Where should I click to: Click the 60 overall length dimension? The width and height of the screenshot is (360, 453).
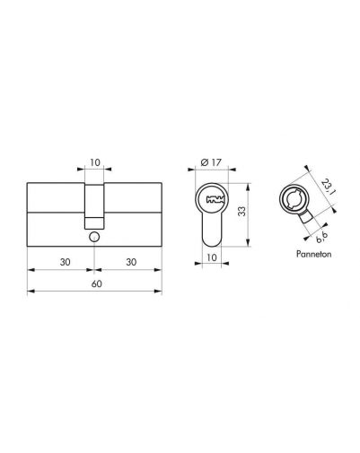[x=96, y=283]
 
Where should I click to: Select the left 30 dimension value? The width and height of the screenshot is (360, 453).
[x=65, y=262]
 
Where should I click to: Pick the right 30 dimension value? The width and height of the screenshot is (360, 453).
[x=131, y=262]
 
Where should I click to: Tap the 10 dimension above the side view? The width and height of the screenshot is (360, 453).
[x=95, y=162]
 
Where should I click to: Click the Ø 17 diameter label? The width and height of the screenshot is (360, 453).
[x=211, y=162]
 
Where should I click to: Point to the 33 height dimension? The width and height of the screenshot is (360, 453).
[x=242, y=211]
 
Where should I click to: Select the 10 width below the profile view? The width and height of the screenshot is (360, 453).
[x=211, y=257]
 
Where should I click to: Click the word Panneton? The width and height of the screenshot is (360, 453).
[x=313, y=254]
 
